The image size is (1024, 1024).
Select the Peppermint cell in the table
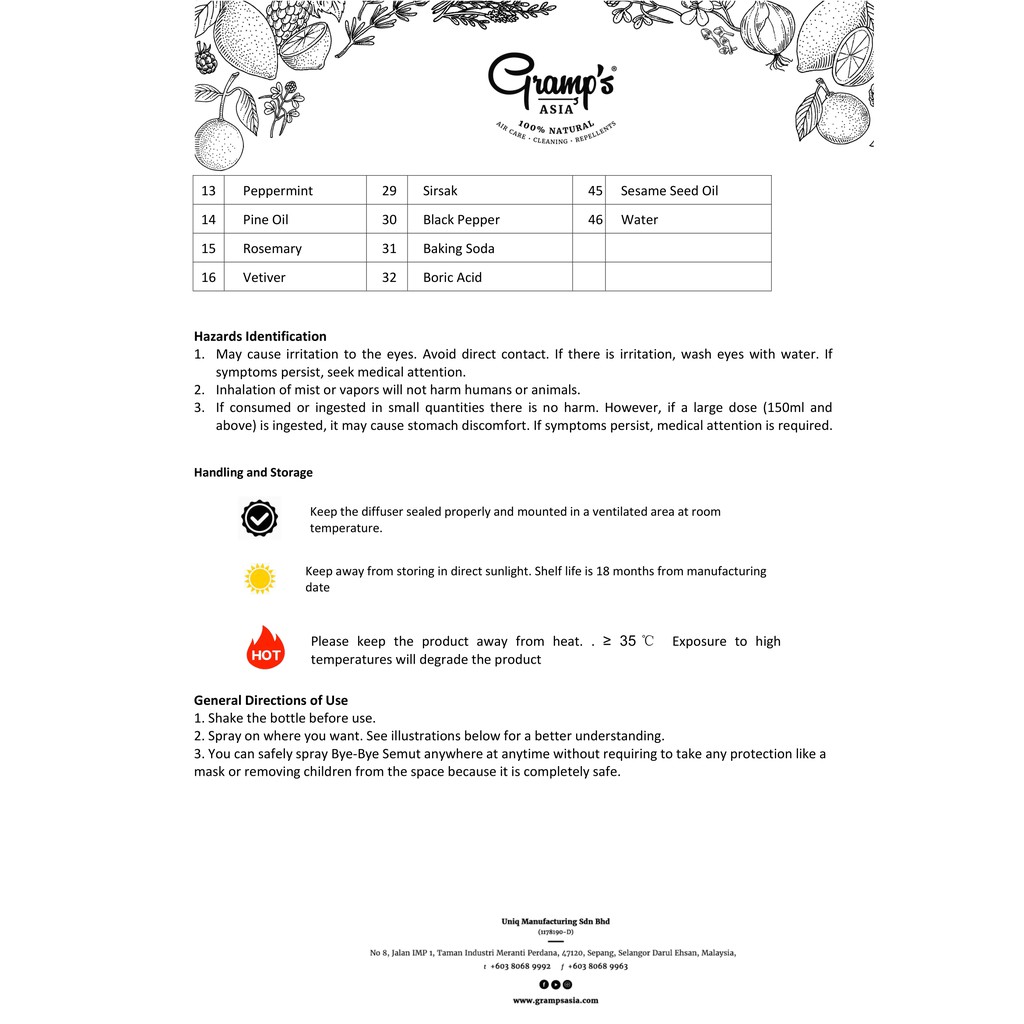pyautogui.click(x=278, y=191)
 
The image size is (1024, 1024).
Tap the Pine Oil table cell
pyautogui.click(x=265, y=220)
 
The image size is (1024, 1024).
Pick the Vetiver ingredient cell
pyautogui.click(x=264, y=278)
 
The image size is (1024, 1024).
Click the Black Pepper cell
pyautogui.click(x=461, y=220)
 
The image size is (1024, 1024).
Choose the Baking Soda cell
pyautogui.click(x=458, y=249)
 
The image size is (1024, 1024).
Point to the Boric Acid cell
pyautogui.click(x=452, y=278)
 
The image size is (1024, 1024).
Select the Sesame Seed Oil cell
pyautogui.click(x=669, y=191)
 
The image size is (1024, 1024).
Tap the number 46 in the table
pyautogui.click(x=596, y=220)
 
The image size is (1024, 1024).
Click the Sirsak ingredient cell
pyautogui.click(x=440, y=191)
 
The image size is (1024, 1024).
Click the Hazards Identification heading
pyautogui.click(x=260, y=337)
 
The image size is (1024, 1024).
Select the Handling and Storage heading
pyautogui.click(x=253, y=473)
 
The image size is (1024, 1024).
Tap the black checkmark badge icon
pyautogui.click(x=259, y=518)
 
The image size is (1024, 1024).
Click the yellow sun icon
pyautogui.click(x=260, y=578)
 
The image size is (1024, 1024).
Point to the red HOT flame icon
pyautogui.click(x=265, y=648)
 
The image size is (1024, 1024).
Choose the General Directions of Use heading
pyautogui.click(x=271, y=701)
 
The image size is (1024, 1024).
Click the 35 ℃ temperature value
pyautogui.click(x=636, y=642)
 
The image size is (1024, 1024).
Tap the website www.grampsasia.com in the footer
pyautogui.click(x=555, y=1000)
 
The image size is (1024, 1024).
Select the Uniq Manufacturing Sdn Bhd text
pyautogui.click(x=555, y=921)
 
